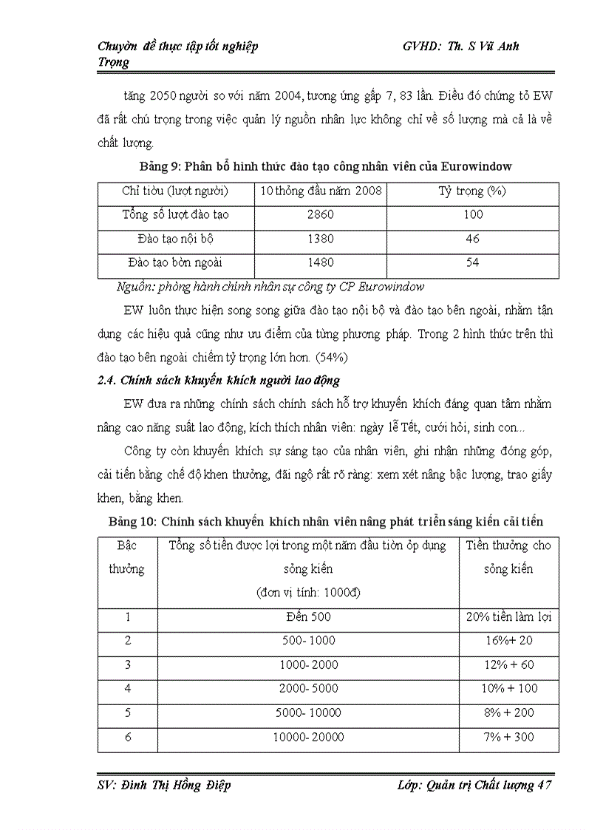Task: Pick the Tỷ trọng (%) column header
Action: pos(473,191)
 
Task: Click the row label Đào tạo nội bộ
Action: pos(174,239)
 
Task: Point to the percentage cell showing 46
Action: pos(473,239)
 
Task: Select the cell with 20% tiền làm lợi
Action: pos(509,616)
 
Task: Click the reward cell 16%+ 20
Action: pos(509,641)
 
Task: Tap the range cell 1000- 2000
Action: pos(308,664)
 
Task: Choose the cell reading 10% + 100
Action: pos(509,689)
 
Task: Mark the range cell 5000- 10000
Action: pos(308,713)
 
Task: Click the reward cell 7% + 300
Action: pos(509,737)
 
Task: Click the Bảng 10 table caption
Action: pos(326,522)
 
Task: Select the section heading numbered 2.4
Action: pos(219,381)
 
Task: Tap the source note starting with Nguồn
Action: pos(270,287)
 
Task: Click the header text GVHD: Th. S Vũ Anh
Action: pos(461,46)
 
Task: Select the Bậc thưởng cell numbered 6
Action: pos(127,737)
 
